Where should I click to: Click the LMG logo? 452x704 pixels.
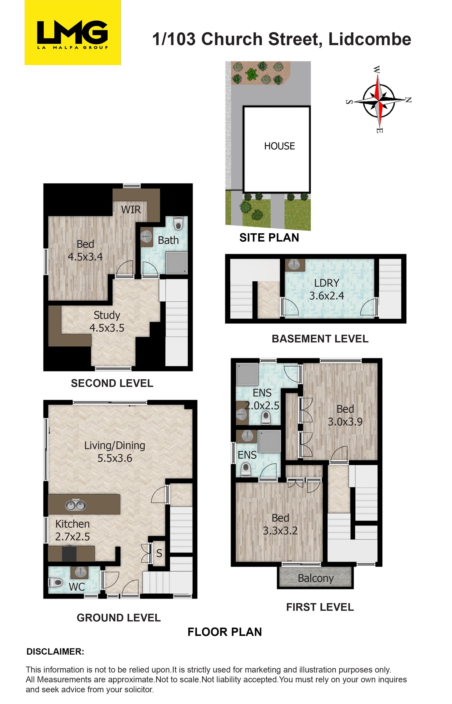73,32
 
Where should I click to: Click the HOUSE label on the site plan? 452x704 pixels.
279,146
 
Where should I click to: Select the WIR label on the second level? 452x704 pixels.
131,210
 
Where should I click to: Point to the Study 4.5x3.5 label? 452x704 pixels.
107,322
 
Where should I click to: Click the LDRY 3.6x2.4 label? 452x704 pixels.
327,289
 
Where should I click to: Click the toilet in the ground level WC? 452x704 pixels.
56,582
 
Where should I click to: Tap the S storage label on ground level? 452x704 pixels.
159,553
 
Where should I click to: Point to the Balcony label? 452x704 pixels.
316,578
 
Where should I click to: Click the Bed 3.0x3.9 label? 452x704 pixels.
345,415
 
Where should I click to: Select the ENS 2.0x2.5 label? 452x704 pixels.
262,399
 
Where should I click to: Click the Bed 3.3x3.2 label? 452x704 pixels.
280,524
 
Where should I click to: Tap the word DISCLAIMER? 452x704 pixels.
55,651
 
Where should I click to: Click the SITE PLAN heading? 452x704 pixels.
269,238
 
